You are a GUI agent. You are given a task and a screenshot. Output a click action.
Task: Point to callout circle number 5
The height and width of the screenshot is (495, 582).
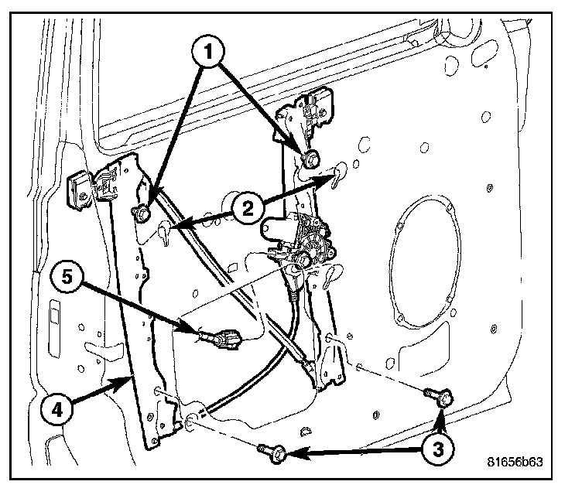[68, 277]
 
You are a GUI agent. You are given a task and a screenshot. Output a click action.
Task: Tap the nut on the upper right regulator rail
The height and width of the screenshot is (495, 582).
[313, 159]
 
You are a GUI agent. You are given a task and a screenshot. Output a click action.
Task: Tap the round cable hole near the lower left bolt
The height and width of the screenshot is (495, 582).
[190, 422]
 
